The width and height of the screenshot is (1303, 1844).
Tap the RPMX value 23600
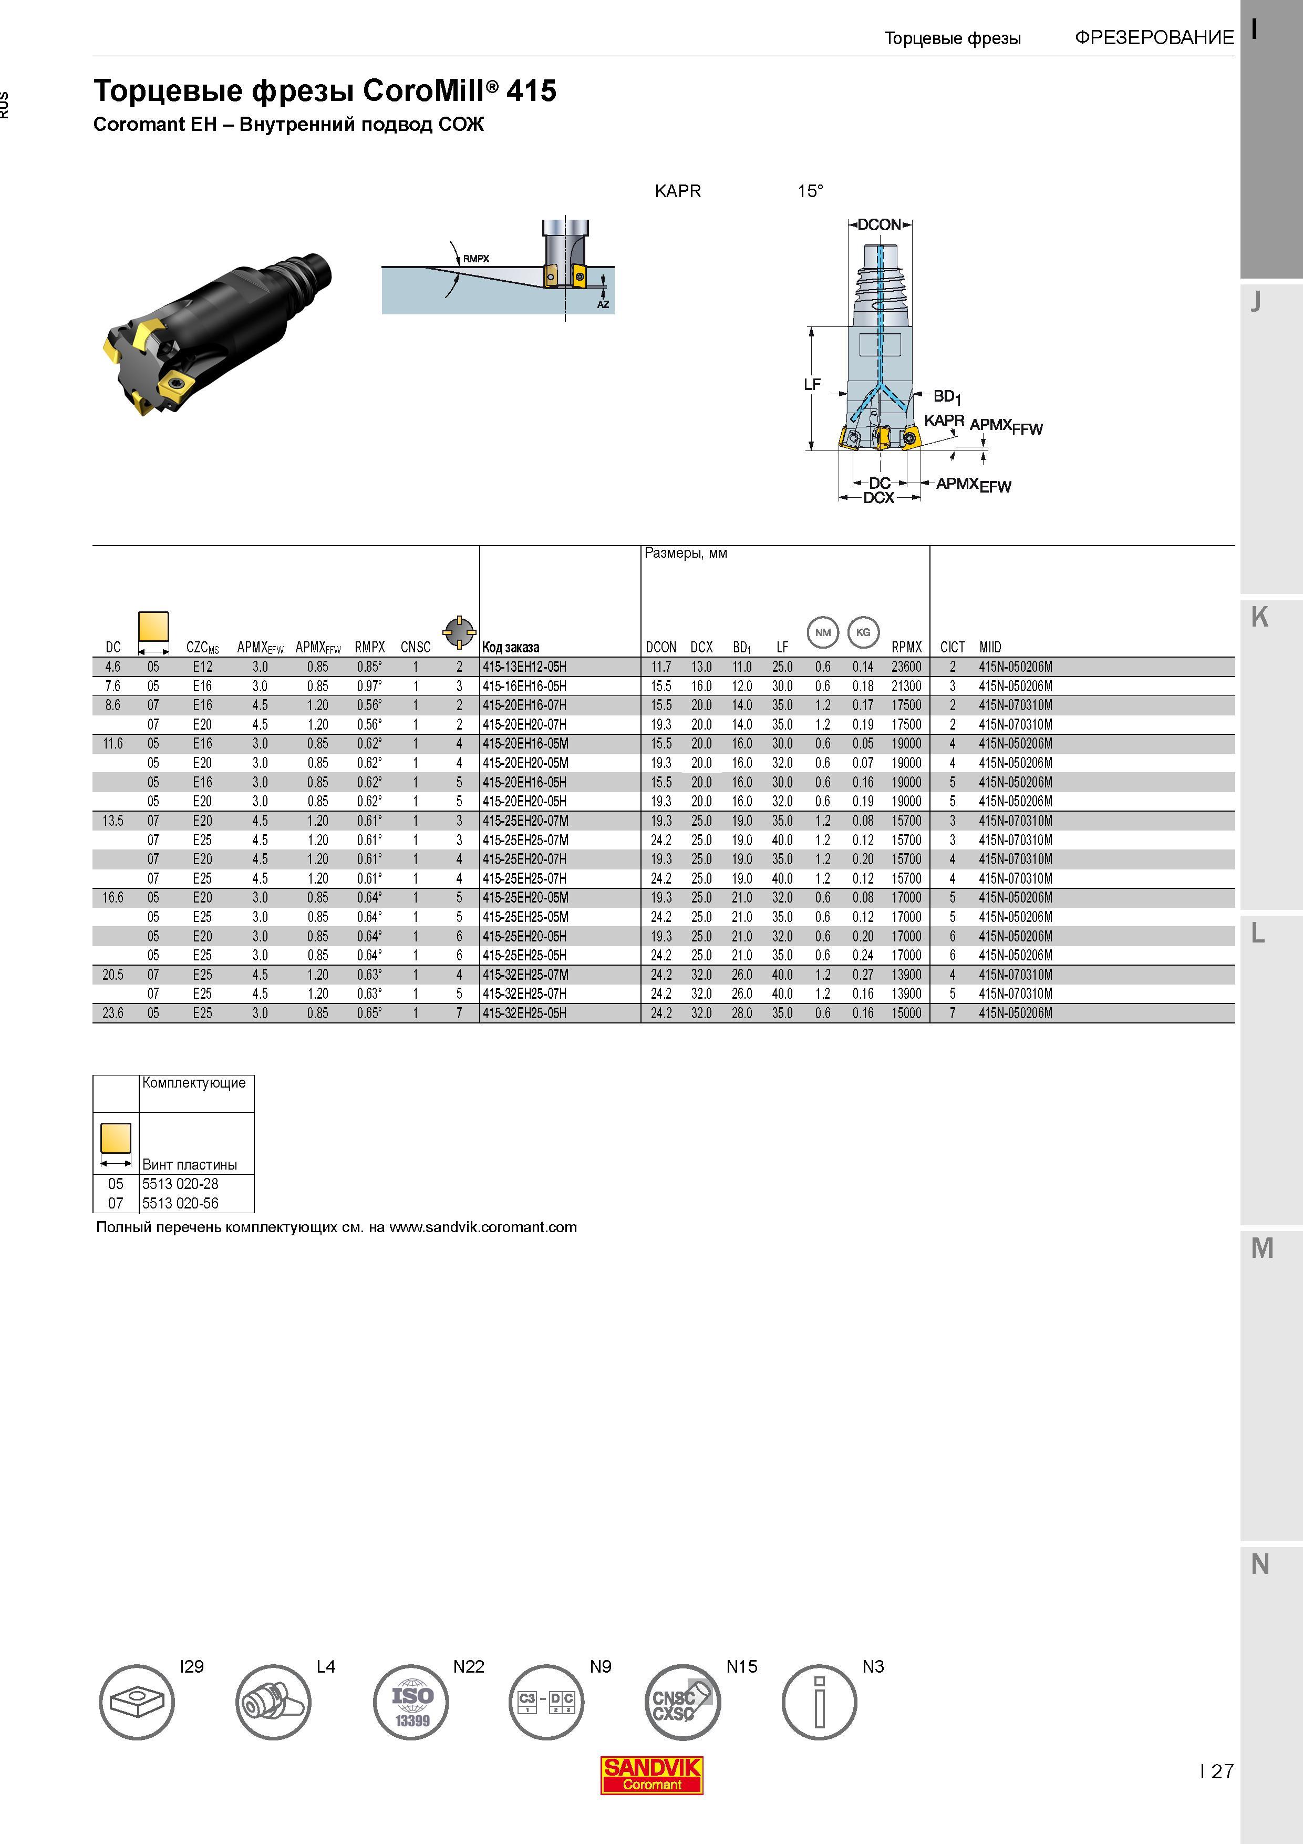906,667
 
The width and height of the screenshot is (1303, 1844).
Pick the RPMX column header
906,647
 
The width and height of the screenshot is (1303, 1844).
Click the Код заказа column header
511,647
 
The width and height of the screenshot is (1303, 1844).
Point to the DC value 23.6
113,1013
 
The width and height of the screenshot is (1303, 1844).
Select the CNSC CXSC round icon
683,1702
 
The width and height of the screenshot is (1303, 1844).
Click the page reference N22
469,1666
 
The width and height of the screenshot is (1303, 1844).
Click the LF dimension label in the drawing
812,385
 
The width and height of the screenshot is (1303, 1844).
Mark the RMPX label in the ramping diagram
476,259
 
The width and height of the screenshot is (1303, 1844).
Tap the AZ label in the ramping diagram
603,304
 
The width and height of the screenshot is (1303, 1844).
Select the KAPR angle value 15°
810,191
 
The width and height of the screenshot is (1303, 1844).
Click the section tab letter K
1259,617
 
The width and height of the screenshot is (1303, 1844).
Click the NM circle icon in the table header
823,632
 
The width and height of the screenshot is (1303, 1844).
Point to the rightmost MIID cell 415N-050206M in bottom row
1016,1013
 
